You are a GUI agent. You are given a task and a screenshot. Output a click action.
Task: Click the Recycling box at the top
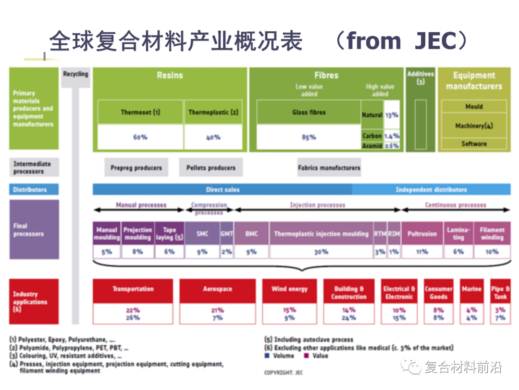75,75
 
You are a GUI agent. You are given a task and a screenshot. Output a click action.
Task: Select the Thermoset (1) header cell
140,113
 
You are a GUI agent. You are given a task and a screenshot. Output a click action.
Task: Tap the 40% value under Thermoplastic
213,137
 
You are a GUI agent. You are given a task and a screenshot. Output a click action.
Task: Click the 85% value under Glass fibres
309,137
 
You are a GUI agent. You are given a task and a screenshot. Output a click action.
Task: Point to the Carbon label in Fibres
372,136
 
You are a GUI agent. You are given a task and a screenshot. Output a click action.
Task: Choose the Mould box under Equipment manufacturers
474,106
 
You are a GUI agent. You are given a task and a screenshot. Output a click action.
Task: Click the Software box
474,143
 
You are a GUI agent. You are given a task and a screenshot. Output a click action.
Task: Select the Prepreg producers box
136,168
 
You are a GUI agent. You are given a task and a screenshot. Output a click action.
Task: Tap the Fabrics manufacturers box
329,168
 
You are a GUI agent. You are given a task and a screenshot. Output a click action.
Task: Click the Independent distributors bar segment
431,189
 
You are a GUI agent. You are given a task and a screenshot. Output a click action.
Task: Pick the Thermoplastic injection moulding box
321,234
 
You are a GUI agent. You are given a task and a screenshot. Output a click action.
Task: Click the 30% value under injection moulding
321,251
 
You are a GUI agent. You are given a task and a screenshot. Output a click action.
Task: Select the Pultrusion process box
422,234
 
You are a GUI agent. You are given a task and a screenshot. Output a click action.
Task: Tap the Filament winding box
492,234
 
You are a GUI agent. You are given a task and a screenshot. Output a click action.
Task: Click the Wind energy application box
289,289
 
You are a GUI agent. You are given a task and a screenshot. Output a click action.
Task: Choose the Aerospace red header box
217,289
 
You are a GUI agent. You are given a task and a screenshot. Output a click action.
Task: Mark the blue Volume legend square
267,356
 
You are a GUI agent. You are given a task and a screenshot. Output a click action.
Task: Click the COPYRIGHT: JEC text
284,372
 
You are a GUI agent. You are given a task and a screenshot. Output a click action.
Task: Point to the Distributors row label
34,190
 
